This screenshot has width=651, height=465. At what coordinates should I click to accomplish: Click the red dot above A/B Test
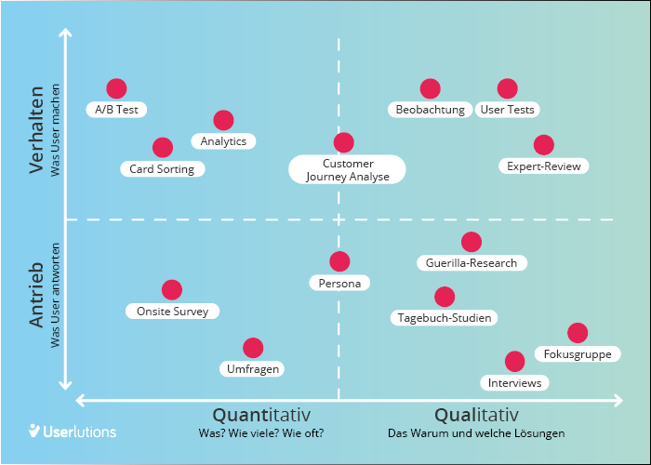coord(116,88)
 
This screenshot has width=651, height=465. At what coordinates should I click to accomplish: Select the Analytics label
coord(223,141)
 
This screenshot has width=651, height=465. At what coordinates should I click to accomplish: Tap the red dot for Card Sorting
coord(163,147)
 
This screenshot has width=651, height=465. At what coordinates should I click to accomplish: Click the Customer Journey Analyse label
coord(347,169)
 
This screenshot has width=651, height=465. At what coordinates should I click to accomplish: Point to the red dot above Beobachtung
coord(430,88)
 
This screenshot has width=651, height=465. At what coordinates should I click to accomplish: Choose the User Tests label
coord(507,110)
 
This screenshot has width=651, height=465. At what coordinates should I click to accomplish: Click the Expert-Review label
coord(543,166)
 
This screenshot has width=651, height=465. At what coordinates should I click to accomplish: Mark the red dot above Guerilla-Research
coord(472,242)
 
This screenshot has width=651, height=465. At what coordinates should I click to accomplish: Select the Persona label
coord(339,283)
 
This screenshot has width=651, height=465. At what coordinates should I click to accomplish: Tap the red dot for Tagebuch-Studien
coord(445,297)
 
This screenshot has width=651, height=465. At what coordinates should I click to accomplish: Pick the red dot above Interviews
coord(514,361)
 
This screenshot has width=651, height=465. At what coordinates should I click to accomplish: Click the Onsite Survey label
coord(172,312)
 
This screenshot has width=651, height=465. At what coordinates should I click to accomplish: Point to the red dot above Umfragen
coord(253,348)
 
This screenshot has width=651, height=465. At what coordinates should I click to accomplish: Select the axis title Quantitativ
coord(261,415)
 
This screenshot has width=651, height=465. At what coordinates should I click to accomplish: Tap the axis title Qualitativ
coord(476,415)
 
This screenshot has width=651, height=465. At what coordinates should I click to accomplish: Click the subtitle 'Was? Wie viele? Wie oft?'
coord(261,433)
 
